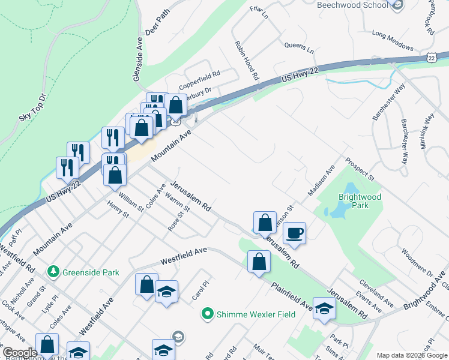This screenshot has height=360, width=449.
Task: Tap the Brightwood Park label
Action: click(360, 201)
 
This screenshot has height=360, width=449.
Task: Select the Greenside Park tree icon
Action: click(54, 272)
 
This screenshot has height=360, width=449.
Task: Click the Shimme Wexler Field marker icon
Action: click(208, 314)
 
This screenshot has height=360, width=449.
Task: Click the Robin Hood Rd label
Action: click(247, 61)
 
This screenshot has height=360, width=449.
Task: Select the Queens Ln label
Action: click(299, 46)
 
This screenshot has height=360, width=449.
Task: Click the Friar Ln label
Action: click(258, 11)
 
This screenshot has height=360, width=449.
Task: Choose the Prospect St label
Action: click(359, 170)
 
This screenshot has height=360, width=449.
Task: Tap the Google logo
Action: click(20, 353)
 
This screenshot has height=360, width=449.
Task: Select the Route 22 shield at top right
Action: click(432, 57)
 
